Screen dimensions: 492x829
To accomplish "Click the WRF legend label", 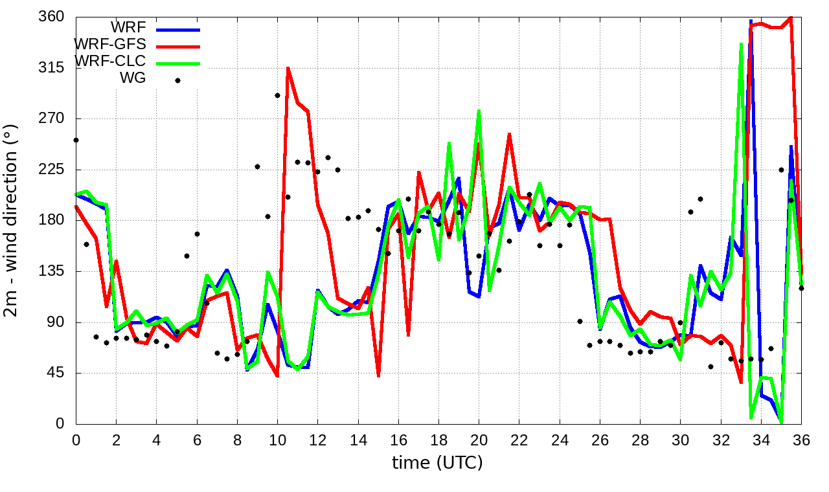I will pos(128,27).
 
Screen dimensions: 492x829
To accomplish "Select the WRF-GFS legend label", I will pos(111,44).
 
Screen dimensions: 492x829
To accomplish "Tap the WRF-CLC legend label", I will pos(111,61).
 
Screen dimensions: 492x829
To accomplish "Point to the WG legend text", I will pos(133,78).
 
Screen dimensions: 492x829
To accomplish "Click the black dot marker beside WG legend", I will pos(177,80).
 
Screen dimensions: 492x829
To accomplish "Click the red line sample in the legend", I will pos(177,46).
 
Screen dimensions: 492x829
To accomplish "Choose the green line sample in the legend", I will pos(177,63).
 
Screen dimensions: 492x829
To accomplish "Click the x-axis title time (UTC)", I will pos(437,463).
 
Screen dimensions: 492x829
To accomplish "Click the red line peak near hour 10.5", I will pos(288,68).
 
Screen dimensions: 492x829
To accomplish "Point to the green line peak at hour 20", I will pos(479,111).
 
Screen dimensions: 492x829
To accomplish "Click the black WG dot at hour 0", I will pos(76,140).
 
